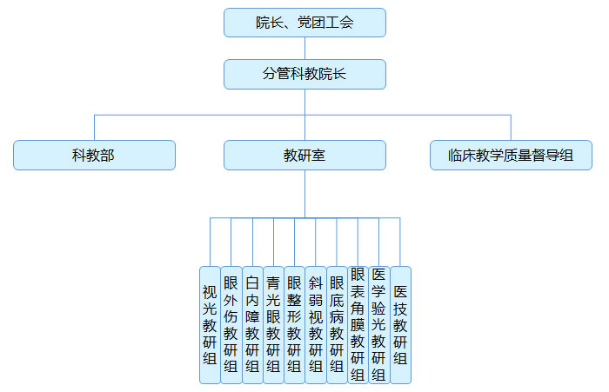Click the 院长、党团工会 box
pos(304,23)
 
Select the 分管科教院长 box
pos(304,74)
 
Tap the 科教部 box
pos(94,156)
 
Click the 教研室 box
pos(304,156)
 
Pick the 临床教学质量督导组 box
pos(511,156)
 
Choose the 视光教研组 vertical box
pos(210,324)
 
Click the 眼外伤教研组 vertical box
pos(231,324)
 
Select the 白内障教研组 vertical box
pos(252,324)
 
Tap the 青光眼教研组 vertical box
pos(273,324)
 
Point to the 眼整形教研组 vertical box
pos(294,324)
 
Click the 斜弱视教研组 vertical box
pos(316,324)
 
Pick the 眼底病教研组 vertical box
pos(337,324)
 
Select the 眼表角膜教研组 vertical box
pos(358,324)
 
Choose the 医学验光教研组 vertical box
pos(378,324)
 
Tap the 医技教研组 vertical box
pos(400,324)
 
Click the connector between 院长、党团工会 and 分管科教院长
pos(304,48)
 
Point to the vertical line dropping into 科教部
pos(94,127)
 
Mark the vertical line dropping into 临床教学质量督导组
pos(511,127)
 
